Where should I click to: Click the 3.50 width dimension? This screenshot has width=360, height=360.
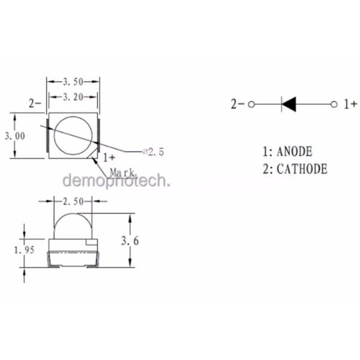pos(73,82)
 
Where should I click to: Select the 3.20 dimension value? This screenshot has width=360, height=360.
pos(73,97)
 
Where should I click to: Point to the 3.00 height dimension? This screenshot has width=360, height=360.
pos(15,136)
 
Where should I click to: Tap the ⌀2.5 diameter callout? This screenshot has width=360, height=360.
pos(154,152)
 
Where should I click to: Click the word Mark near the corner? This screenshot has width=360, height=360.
pos(122,172)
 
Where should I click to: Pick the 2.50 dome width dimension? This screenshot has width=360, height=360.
pos(73,202)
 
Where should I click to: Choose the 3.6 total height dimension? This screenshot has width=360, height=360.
pos(130,241)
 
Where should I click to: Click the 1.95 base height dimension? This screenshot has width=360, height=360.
pos(24,250)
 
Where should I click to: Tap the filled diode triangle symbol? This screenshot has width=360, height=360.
pos(289,104)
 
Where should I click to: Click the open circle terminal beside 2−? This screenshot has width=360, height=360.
pos(251,104)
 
